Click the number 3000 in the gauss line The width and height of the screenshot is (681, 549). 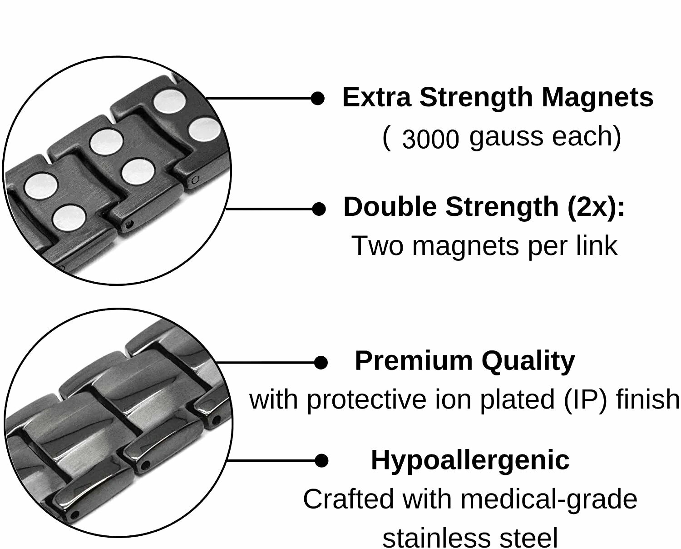(x=430, y=139)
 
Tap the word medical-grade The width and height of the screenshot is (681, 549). (x=549, y=499)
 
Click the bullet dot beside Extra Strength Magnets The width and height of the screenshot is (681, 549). (x=318, y=98)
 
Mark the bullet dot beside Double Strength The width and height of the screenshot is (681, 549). (x=319, y=209)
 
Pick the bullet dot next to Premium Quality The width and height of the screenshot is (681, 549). (x=321, y=363)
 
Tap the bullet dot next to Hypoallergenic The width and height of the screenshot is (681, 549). (x=321, y=460)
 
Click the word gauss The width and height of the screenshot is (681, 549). (x=500, y=137)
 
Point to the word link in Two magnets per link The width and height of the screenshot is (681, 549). (x=599, y=246)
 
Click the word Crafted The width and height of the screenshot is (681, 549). (x=348, y=499)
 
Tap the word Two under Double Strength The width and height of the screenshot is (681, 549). (x=377, y=246)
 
